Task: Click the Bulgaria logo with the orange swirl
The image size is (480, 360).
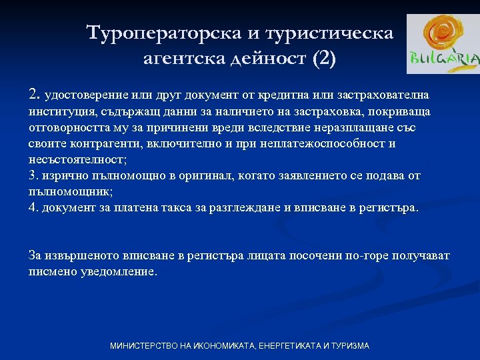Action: point(443,43)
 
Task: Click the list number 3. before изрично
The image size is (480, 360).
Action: point(33,175)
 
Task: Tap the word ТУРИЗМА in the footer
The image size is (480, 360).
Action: point(347,346)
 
